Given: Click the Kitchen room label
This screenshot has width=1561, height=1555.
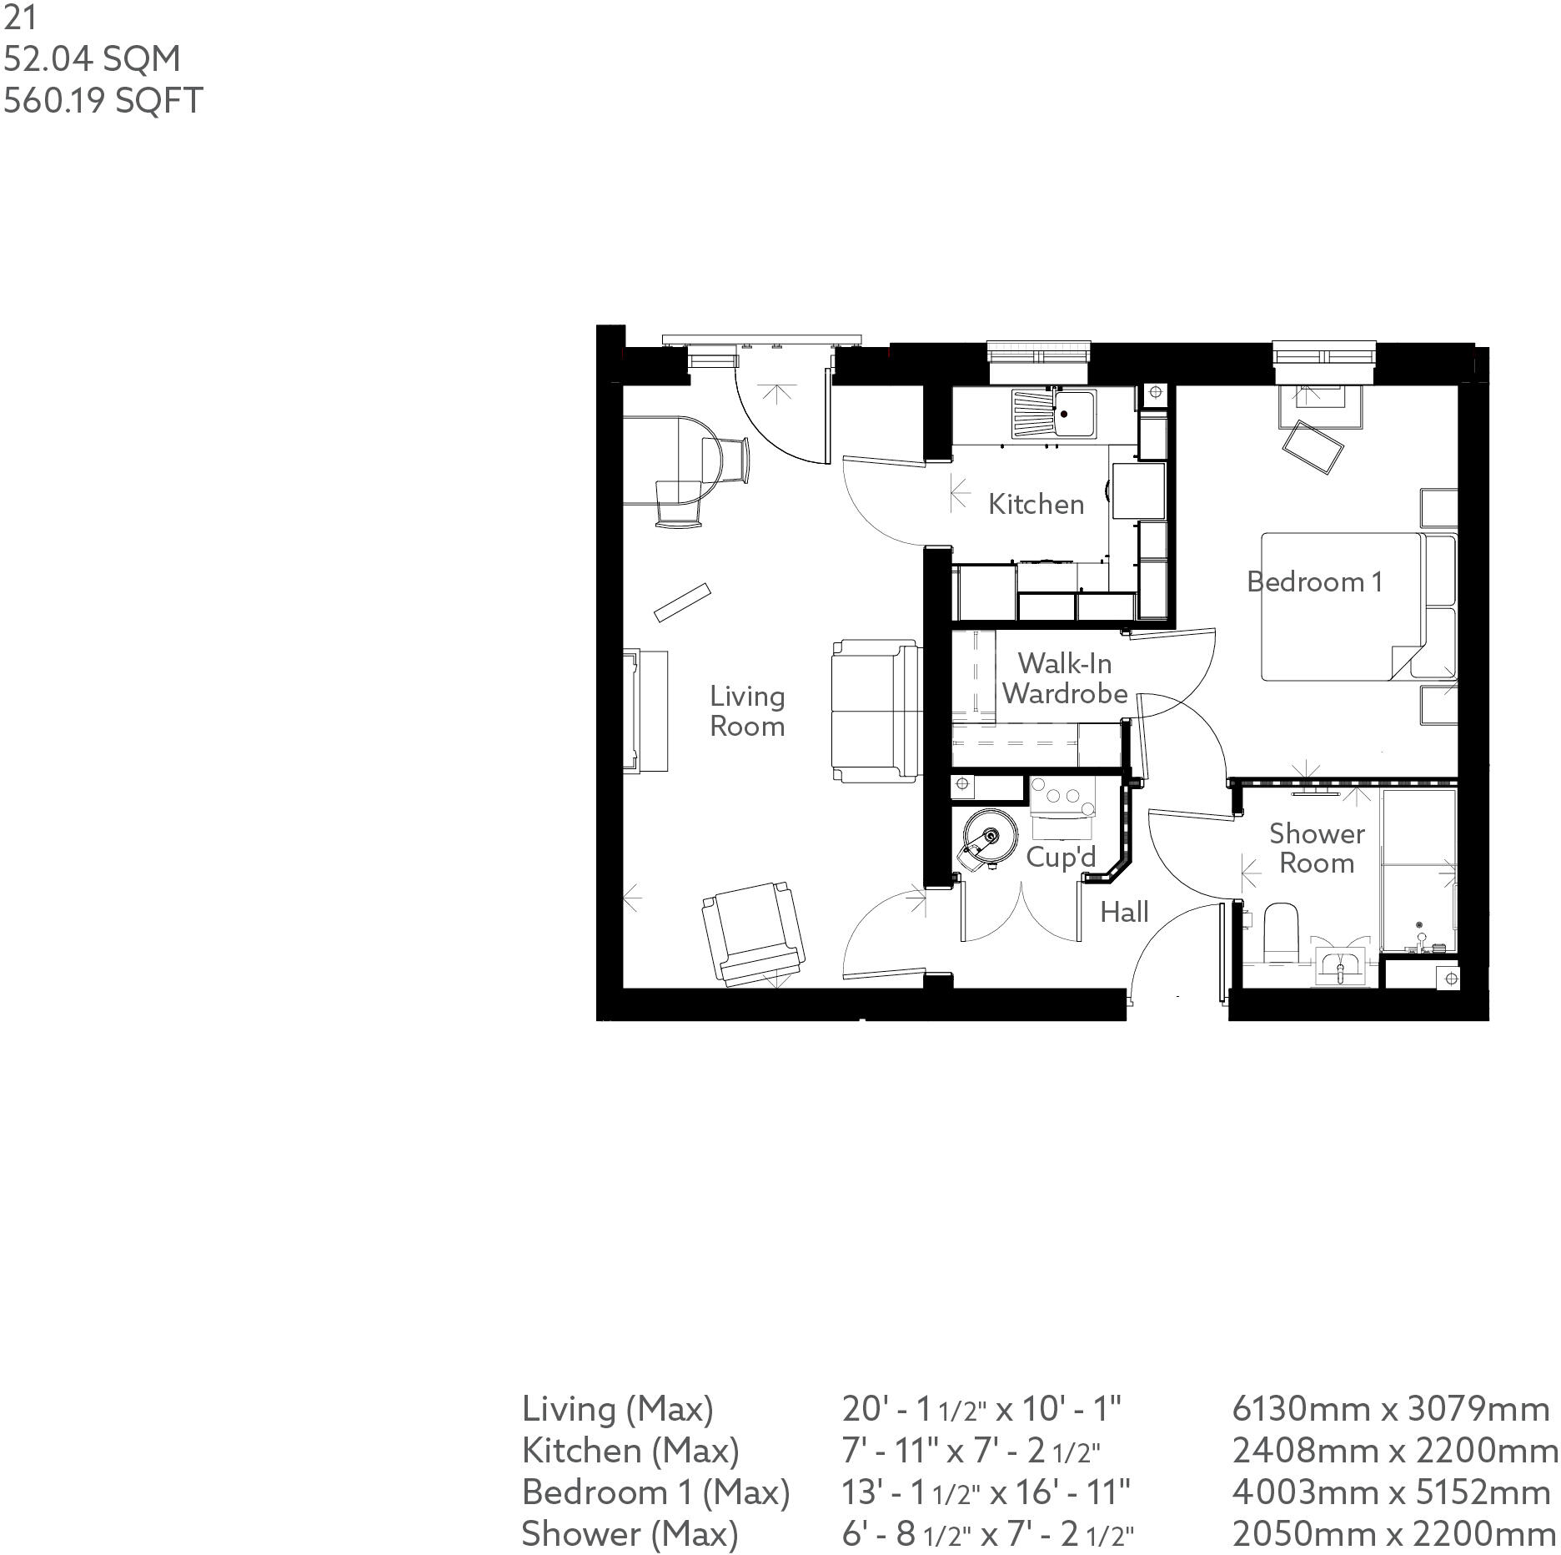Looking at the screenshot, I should point(1036,504).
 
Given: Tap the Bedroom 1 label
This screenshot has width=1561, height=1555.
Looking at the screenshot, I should point(1314,581).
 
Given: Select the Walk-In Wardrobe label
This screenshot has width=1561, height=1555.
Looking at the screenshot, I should point(1065,678).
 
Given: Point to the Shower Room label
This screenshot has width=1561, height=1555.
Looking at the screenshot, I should point(1317,848).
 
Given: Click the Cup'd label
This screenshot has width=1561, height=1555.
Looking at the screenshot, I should point(1061,856).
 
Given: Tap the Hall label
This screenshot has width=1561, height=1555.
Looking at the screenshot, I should point(1124,912).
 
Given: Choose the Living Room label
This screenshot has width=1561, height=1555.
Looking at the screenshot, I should point(747,711).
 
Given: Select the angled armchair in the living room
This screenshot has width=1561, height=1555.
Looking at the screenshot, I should point(753,933).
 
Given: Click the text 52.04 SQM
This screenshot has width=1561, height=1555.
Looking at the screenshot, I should point(92,59).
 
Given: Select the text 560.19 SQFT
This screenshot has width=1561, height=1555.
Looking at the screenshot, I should point(103,101).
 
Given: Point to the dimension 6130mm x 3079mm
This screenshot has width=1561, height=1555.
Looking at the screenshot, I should point(1390,1409).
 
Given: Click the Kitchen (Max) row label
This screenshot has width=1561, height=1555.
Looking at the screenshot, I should point(630,1451).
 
